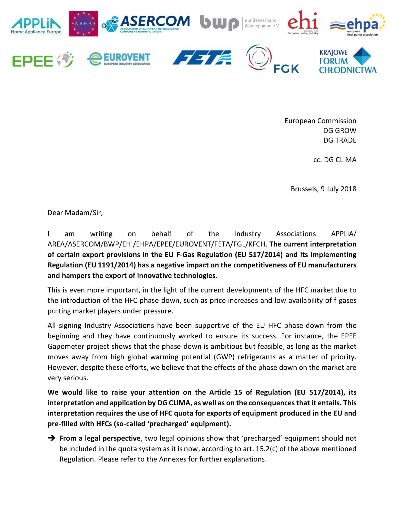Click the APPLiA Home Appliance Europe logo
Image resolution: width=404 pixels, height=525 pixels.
point(36,24)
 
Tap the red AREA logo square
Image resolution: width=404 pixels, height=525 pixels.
point(84,24)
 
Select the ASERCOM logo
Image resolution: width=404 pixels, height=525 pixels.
point(146,24)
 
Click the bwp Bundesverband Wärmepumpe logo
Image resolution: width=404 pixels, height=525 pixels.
point(240,23)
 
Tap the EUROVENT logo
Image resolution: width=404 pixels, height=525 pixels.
point(119,59)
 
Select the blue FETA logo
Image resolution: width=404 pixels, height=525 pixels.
point(202,57)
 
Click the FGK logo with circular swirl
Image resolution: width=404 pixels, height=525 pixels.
point(272,59)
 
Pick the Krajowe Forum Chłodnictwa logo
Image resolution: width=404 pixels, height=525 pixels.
point(348,61)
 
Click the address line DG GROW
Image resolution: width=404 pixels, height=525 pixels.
point(339,130)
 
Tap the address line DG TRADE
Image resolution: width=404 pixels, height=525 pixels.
point(340,140)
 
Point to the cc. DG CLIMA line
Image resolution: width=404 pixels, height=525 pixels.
point(335,160)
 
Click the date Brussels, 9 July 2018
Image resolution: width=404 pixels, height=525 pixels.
point(323,189)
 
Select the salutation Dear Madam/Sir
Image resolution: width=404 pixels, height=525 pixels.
point(75,213)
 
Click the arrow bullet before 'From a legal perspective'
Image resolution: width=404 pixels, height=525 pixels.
point(52,438)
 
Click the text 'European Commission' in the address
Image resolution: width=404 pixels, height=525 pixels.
point(320,121)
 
